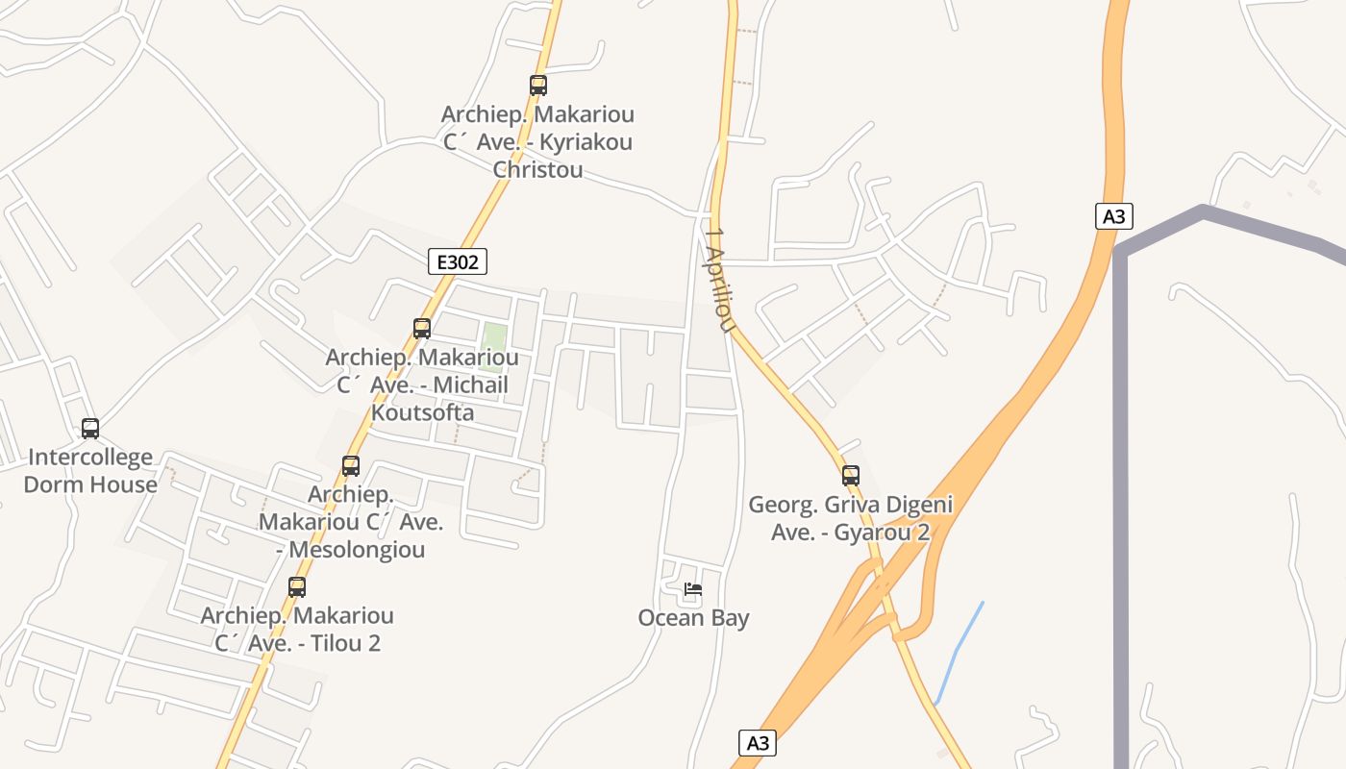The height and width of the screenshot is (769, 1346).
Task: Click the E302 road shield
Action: click(x=458, y=261)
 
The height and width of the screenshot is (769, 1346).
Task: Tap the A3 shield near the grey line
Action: click(x=1113, y=216)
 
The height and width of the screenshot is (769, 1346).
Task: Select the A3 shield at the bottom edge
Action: click(x=758, y=742)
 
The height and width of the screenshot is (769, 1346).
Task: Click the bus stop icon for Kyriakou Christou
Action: click(x=538, y=86)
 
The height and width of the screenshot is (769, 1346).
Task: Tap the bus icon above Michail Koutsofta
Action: click(x=421, y=329)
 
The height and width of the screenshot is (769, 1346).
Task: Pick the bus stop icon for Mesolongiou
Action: click(x=351, y=466)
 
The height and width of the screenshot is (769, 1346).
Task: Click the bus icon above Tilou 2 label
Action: click(x=297, y=586)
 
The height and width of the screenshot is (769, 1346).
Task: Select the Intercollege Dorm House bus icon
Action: click(x=90, y=429)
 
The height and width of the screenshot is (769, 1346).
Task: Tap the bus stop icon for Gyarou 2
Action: click(x=851, y=475)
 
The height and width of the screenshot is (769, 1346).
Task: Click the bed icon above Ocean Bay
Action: click(x=693, y=589)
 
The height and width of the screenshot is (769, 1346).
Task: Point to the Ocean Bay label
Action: click(x=693, y=618)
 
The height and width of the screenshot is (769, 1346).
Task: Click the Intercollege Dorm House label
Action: click(x=90, y=471)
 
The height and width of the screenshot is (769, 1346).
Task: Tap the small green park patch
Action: click(x=493, y=347)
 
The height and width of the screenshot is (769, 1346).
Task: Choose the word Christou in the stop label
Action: click(x=537, y=170)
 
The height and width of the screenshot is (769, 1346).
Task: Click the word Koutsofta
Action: click(x=422, y=412)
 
